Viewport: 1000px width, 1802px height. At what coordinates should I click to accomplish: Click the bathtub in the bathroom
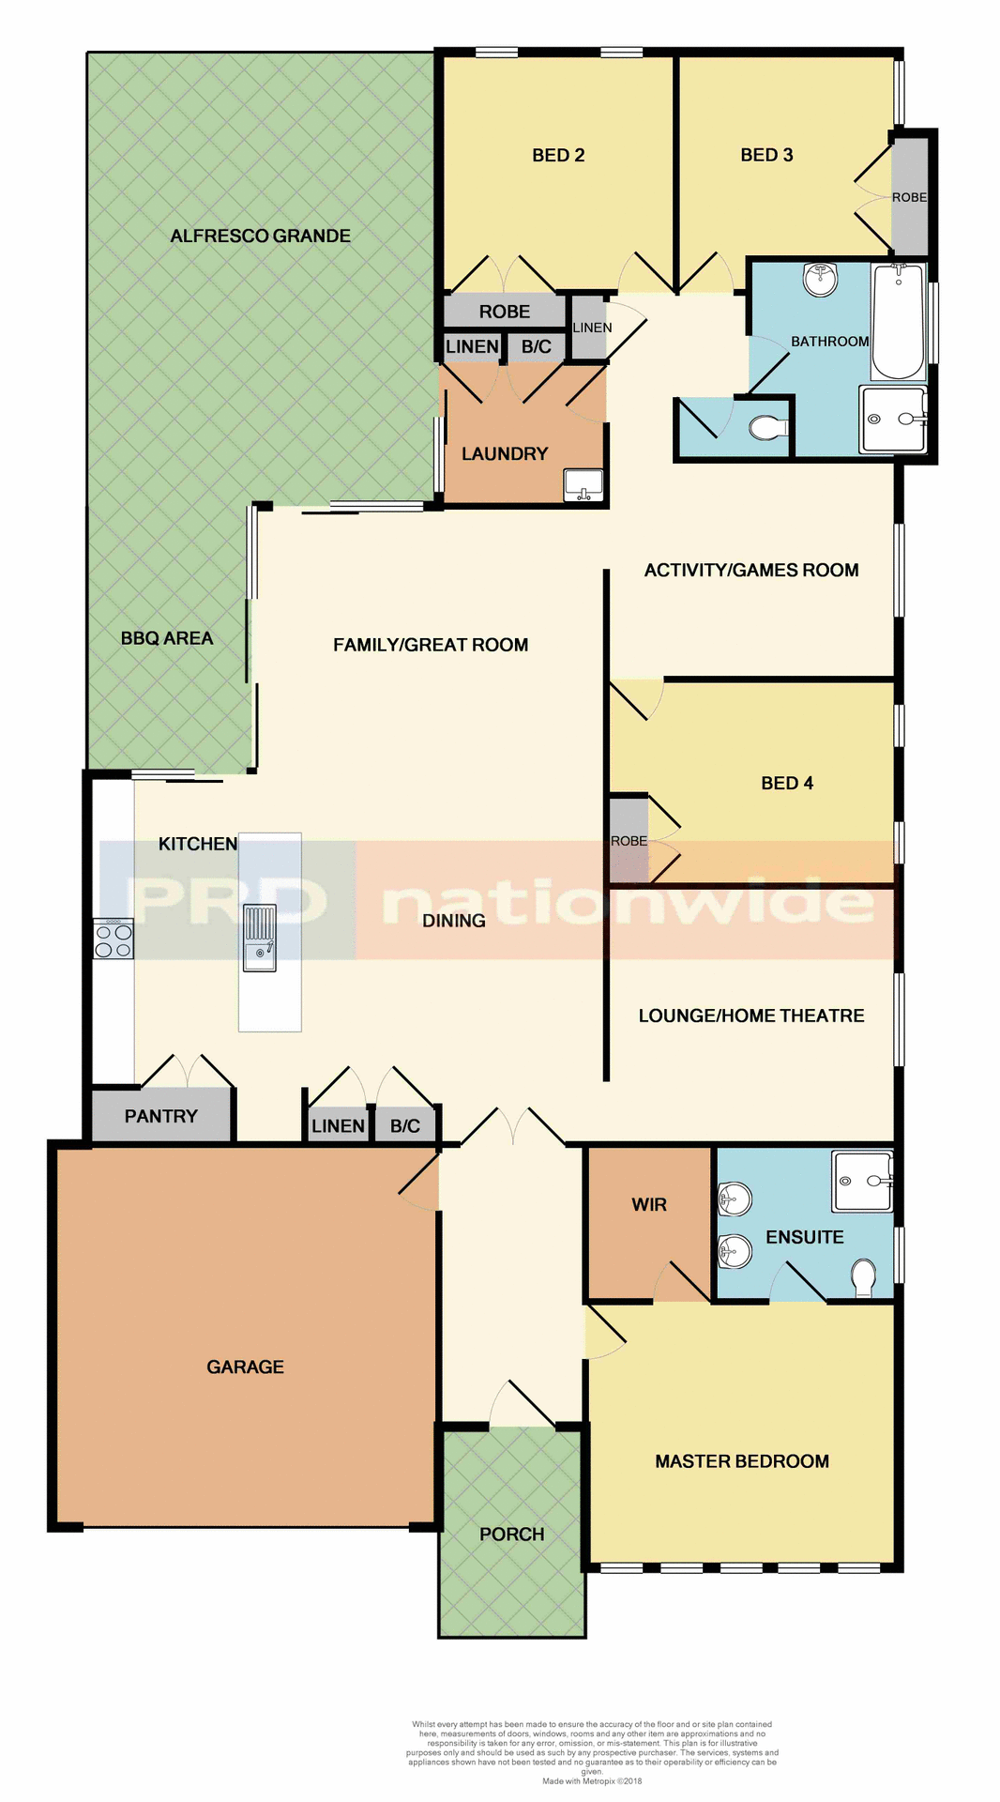point(898,321)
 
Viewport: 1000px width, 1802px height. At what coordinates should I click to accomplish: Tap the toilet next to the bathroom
point(768,429)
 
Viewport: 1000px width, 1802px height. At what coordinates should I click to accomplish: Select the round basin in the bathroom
point(821,279)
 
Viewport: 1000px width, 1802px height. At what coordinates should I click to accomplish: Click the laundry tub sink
point(583,485)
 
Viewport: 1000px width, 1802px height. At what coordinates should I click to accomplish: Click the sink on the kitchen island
point(259,937)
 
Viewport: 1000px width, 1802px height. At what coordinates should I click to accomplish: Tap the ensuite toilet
point(864,1277)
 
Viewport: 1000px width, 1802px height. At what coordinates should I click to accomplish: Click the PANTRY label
point(161,1116)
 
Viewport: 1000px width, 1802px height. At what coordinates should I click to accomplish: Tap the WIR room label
point(649,1204)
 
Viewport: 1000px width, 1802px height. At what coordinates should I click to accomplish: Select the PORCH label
point(512,1534)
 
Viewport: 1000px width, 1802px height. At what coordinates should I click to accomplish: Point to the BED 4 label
point(787,783)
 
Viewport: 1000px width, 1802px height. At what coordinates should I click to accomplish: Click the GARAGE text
point(245,1367)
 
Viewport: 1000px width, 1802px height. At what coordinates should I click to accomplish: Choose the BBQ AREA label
point(167,638)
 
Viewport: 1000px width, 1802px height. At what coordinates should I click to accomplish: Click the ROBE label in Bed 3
point(909,197)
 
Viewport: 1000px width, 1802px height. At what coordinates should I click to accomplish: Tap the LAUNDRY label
point(505,453)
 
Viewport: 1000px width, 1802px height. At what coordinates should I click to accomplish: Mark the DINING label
point(454,921)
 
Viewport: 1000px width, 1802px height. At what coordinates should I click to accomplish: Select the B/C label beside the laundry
point(537,346)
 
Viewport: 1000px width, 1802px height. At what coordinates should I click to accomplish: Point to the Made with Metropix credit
point(592,1780)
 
